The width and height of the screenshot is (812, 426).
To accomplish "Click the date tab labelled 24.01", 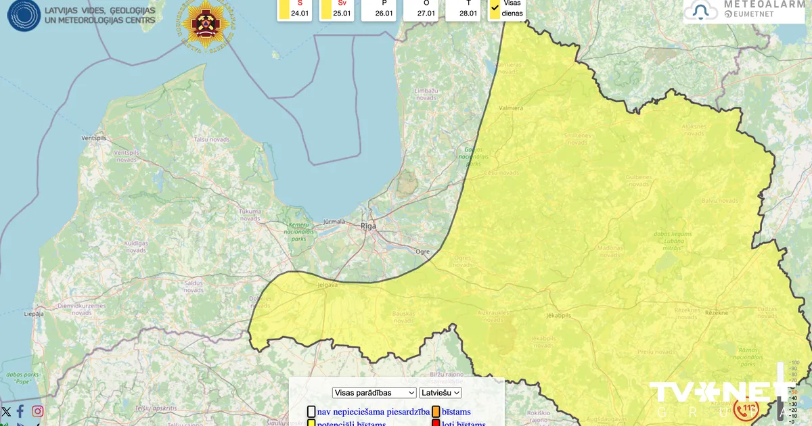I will (x=295, y=9).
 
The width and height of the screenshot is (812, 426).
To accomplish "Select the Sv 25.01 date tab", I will (x=337, y=9).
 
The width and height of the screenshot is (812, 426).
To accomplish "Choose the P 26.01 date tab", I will (x=379, y=9).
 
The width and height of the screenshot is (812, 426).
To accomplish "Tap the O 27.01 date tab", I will (x=422, y=9).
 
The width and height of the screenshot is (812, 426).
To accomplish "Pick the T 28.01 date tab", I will (x=464, y=9).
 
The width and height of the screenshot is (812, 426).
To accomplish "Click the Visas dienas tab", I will (x=507, y=9).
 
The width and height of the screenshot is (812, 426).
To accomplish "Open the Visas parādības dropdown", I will (x=374, y=393).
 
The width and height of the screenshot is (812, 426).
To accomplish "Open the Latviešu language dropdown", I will (x=441, y=393).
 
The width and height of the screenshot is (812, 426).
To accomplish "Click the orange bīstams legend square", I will (x=436, y=412).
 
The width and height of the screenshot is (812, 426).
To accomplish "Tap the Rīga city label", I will (x=368, y=227).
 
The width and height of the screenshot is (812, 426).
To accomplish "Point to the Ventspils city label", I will (x=94, y=137).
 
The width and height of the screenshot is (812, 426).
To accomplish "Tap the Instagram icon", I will (x=38, y=411).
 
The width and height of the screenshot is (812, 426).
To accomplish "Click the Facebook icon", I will (x=21, y=411).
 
